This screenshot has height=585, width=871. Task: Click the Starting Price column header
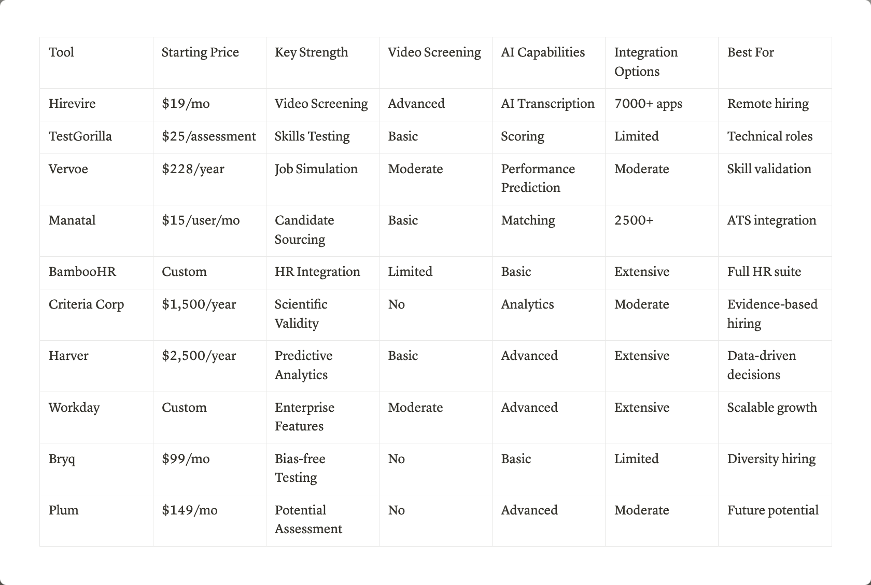click(x=200, y=52)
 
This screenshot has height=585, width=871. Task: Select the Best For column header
click(x=750, y=52)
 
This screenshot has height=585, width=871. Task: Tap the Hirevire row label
click(x=72, y=104)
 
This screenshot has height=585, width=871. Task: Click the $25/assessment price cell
click(x=208, y=136)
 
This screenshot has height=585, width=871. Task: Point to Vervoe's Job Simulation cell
click(x=316, y=169)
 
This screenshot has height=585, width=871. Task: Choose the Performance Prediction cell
click(x=538, y=178)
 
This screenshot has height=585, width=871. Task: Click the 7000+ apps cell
click(x=648, y=104)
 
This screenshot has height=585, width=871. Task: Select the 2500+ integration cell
click(x=634, y=220)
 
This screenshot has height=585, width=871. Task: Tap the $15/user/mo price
click(x=201, y=220)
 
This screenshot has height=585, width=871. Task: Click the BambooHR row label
click(x=82, y=272)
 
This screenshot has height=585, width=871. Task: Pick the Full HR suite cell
click(x=764, y=272)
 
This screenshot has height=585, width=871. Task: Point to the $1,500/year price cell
click(x=199, y=304)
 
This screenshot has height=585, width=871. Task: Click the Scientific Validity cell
click(x=301, y=314)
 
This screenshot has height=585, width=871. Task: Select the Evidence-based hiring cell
click(x=772, y=314)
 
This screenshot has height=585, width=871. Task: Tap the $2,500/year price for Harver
click(x=199, y=356)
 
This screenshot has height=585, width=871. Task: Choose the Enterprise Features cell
click(x=304, y=417)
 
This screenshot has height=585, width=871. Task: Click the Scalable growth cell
click(x=771, y=408)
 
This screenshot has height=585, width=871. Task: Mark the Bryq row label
click(x=62, y=459)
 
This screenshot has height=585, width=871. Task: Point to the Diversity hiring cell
click(x=771, y=459)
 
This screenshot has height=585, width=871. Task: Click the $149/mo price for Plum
click(x=189, y=510)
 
